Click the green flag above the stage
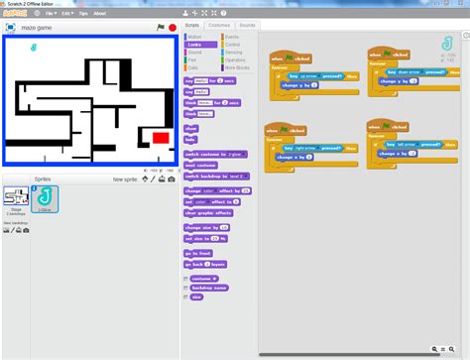coord(161,28)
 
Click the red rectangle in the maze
coord(161,137)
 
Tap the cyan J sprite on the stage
coord(36,47)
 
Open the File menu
coord(50,14)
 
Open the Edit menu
coord(66,14)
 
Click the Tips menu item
coord(82,14)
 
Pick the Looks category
coord(196,44)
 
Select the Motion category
coord(196,36)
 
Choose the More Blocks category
coord(237,67)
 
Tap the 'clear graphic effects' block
coord(208,212)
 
